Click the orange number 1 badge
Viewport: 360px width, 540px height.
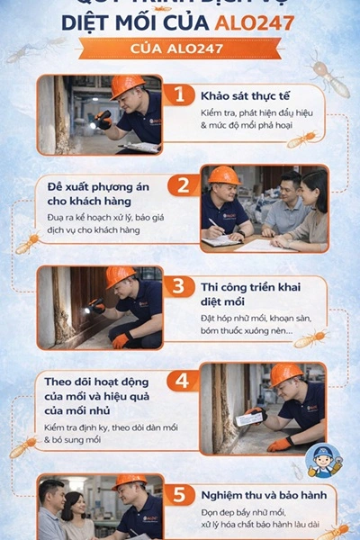(184, 94)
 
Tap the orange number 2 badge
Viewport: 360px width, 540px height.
(184, 185)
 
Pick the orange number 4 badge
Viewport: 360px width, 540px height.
(184, 380)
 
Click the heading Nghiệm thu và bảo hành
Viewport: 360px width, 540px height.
(256, 494)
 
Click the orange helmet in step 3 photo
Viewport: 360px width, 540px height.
(120, 275)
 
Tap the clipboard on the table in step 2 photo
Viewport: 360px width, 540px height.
(221, 241)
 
